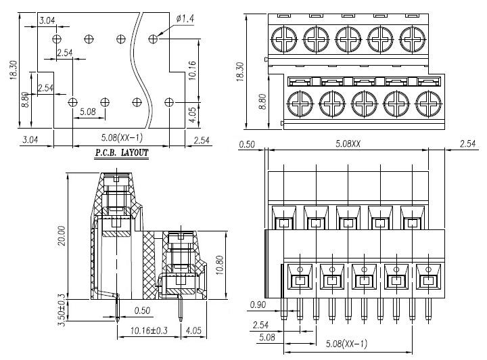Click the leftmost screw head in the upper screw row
point(284,35)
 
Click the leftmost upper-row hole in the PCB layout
point(57,38)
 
